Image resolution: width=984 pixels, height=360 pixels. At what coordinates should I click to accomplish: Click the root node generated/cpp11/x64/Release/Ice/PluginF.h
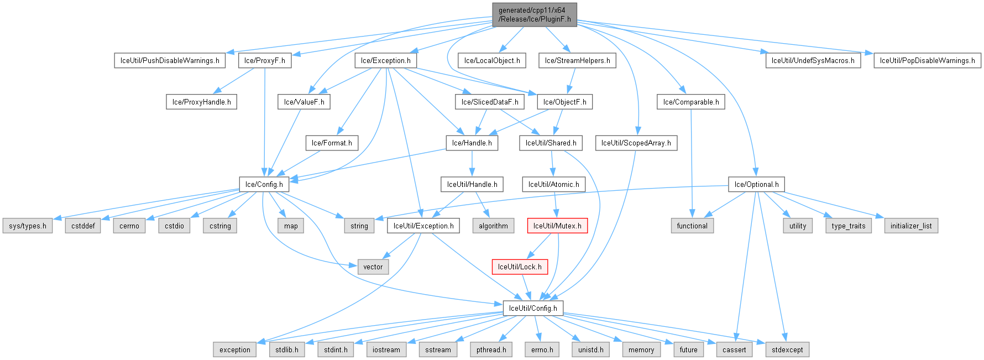coord(535,14)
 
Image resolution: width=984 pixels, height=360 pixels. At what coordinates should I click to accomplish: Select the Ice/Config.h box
coord(264,185)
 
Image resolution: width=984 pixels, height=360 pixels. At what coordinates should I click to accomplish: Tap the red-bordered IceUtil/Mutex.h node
coord(557,226)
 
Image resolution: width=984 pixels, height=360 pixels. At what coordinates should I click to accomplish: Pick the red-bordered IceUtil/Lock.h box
coord(520,267)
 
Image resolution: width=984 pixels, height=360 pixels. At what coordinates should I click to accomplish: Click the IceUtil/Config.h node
coord(533,308)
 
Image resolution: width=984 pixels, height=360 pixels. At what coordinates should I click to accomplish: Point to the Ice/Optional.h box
coord(756,185)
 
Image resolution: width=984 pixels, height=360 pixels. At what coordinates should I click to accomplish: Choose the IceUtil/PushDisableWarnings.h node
coord(170,61)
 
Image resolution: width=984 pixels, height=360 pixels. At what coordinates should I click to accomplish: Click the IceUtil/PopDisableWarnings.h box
coord(927,61)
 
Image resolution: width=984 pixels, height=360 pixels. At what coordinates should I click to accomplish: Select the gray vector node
coord(373,267)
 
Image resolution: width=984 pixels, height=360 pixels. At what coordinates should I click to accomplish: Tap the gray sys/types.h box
coord(28,226)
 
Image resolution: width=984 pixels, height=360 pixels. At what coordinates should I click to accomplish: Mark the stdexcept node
coord(787,350)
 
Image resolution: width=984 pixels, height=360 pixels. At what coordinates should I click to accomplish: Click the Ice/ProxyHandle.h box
coord(201,102)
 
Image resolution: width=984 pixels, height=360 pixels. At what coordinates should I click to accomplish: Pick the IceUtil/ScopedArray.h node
coord(636,143)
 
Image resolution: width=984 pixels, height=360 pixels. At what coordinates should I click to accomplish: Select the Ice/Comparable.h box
coord(691,102)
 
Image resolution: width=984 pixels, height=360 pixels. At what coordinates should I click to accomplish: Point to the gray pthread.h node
coord(491,350)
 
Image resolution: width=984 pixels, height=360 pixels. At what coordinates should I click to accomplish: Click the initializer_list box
coord(911,226)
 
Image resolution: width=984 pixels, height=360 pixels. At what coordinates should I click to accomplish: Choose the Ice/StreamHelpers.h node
coord(577,61)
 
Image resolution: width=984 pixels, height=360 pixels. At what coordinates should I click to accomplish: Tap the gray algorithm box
coord(493,226)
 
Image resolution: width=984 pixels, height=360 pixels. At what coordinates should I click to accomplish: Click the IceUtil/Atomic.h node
coord(553,185)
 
